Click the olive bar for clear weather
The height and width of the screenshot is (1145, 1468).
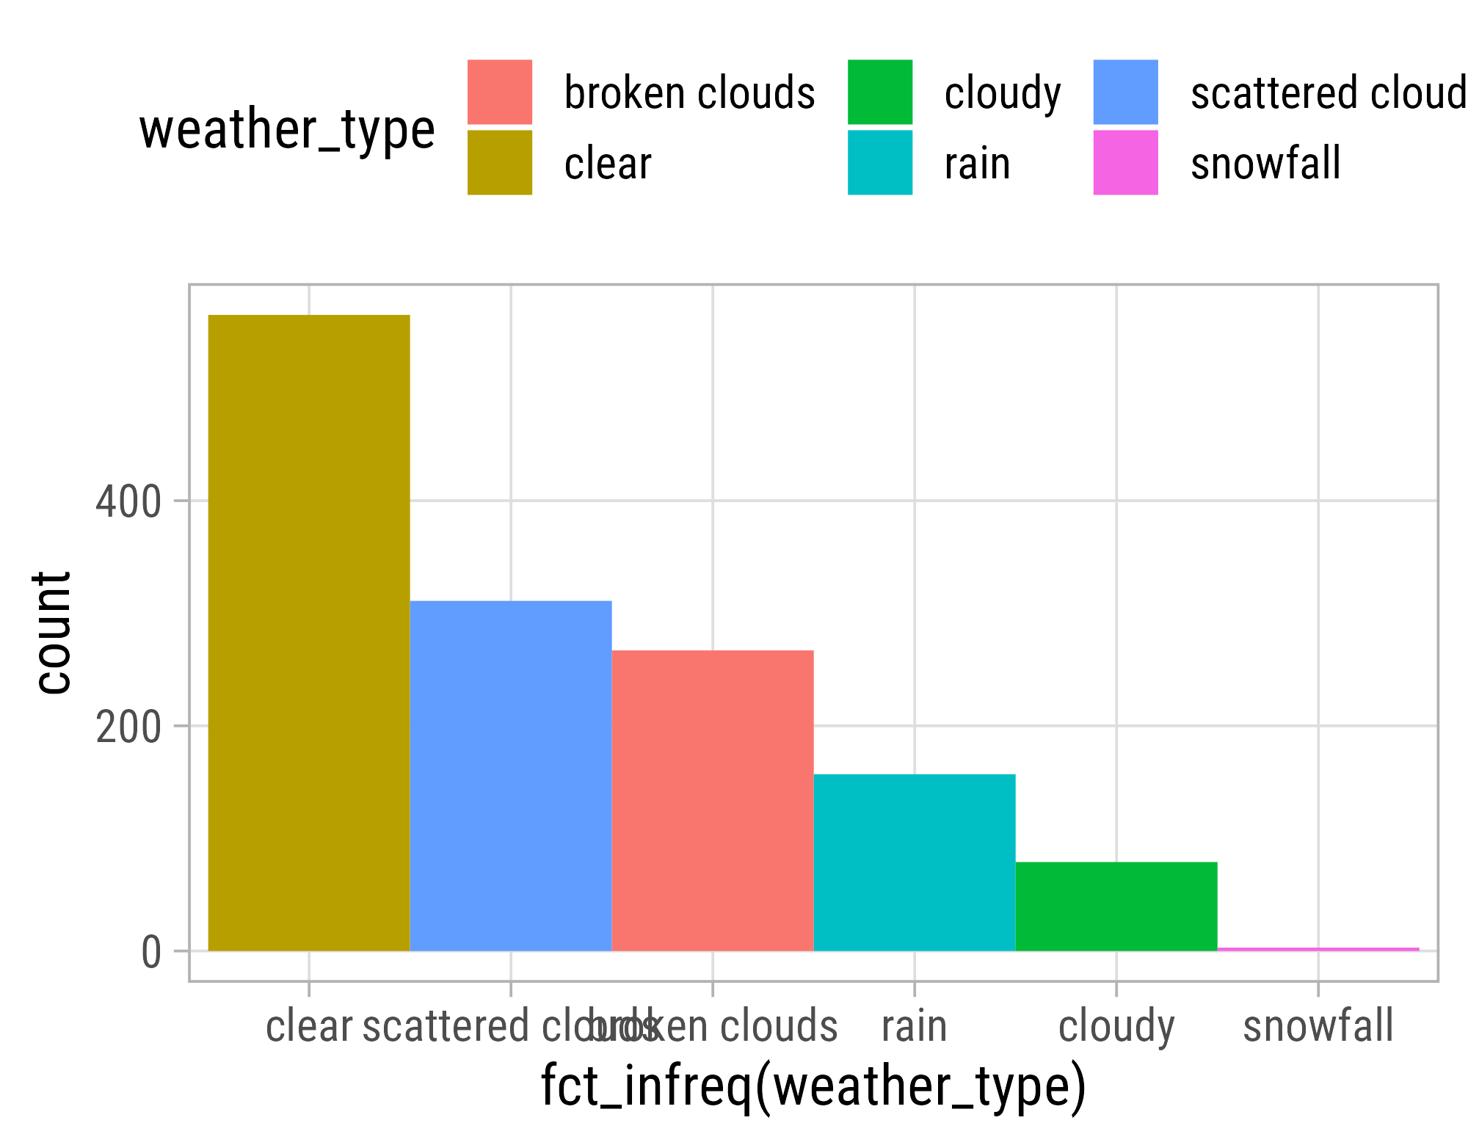tap(309, 633)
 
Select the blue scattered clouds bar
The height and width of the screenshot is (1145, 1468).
tap(511, 776)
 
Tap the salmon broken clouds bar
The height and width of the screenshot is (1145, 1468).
tap(713, 800)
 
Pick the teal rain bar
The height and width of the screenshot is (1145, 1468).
tap(915, 862)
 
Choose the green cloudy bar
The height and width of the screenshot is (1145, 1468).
tap(1116, 906)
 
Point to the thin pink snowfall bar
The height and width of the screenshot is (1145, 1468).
tap(1318, 949)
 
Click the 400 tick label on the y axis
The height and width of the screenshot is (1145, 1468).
tap(128, 503)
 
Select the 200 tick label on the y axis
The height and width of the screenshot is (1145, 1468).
tap(128, 727)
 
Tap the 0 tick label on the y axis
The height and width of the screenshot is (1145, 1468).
tap(151, 953)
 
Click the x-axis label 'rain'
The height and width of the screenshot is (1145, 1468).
tap(915, 1026)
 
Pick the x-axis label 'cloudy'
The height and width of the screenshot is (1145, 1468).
tap(1116, 1026)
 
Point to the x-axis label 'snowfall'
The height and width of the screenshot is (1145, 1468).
tap(1318, 1026)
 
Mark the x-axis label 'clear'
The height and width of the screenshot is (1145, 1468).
tap(309, 1026)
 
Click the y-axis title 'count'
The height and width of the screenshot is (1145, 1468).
tap(53, 633)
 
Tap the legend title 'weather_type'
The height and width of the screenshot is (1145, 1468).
tap(287, 129)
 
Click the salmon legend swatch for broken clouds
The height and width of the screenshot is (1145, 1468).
tap(500, 92)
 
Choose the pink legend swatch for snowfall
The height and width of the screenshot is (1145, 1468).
tap(1125, 162)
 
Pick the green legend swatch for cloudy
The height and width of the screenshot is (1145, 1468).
tap(880, 92)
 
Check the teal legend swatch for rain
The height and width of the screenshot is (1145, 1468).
tap(880, 162)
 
